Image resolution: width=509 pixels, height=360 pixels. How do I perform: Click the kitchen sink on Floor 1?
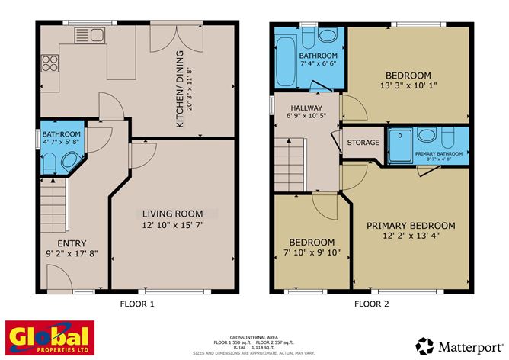pyautogui.click(x=89, y=34)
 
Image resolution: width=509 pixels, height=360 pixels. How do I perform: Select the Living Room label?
pyautogui.click(x=173, y=213)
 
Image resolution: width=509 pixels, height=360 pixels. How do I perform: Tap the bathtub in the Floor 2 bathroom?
pyautogui.click(x=285, y=58)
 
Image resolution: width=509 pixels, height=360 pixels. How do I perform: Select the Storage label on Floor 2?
pyautogui.click(x=363, y=143)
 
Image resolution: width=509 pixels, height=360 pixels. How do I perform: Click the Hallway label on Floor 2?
pyautogui.click(x=306, y=108)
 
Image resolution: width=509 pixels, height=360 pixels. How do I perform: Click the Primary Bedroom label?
pyautogui.click(x=411, y=226)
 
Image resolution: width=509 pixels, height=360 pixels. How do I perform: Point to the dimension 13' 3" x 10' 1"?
pyautogui.click(x=408, y=87)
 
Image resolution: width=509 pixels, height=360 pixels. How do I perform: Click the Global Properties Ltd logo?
pyautogui.click(x=50, y=337)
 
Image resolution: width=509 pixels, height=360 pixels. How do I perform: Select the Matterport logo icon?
pyautogui.click(x=425, y=345)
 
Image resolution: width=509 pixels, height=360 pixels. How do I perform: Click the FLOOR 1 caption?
pyautogui.click(x=137, y=304)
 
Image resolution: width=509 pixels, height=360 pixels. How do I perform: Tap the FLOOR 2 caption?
pyautogui.click(x=371, y=304)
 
